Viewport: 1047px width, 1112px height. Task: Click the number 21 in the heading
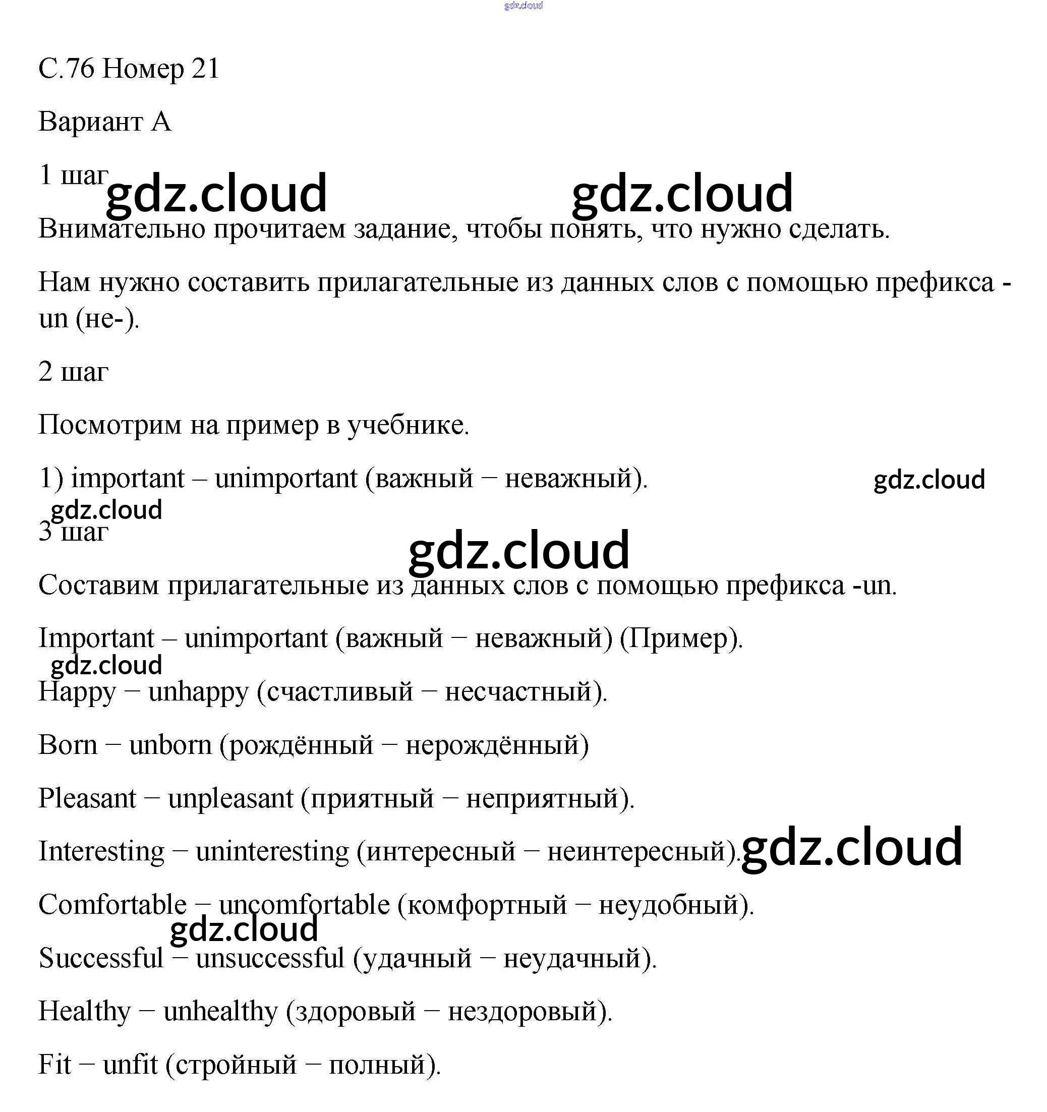(205, 69)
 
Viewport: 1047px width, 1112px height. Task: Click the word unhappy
(198, 693)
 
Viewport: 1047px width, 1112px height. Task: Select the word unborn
(170, 746)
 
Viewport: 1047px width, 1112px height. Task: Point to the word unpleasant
(230, 799)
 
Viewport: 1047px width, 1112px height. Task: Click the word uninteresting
(272, 852)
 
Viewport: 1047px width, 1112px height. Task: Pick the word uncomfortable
(307, 905)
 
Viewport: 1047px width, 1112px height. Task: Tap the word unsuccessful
(270, 958)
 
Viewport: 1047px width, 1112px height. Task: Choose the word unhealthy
(220, 1012)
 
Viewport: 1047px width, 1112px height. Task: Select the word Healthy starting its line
(84, 1012)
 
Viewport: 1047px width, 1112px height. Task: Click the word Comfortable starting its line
(112, 905)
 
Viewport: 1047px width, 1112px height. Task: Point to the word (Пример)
(681, 639)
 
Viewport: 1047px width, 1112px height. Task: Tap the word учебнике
(409, 426)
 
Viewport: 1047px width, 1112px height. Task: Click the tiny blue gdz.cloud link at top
(523, 6)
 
